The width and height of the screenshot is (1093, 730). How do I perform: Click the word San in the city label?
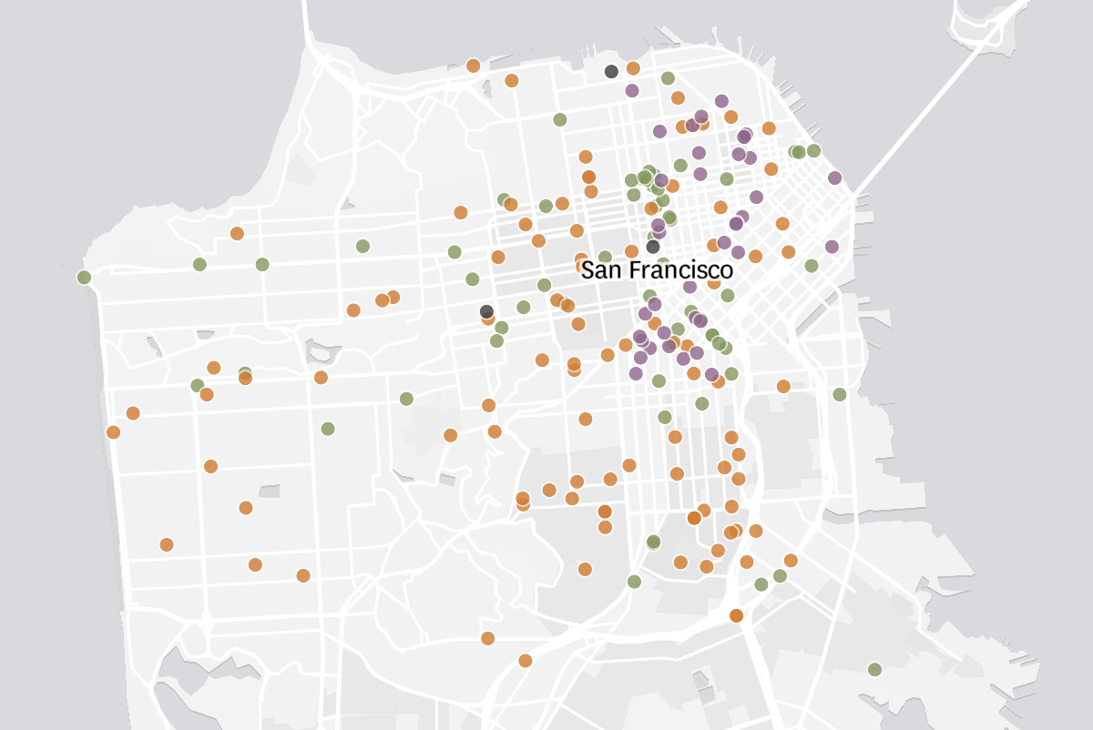600,270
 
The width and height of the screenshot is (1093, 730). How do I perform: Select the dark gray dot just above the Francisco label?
653,247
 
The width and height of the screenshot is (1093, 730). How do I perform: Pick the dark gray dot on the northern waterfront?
611,71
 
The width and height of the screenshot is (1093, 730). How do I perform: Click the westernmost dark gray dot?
487,311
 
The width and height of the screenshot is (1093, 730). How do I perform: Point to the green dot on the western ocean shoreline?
84,277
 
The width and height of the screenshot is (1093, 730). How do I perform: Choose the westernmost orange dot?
113,431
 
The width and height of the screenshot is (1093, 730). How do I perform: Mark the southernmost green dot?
874,669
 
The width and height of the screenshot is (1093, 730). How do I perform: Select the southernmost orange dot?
525,660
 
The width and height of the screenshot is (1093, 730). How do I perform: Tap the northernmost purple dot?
632,90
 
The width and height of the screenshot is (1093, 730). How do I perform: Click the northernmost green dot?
668,78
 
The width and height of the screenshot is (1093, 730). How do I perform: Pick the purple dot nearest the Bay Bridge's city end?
834,177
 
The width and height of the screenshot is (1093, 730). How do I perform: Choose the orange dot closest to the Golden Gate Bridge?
473,66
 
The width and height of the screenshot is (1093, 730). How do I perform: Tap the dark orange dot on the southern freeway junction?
736,615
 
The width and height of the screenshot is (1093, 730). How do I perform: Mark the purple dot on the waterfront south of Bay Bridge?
832,246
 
